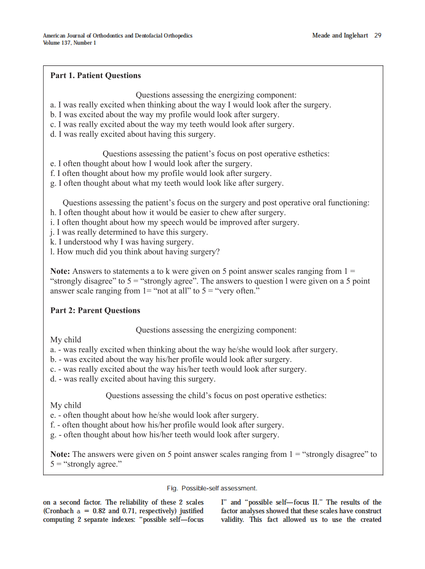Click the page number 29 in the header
point(377,35)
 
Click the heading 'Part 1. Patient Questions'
point(95,76)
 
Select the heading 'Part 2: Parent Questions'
point(95,310)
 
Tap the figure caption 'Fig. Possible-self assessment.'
point(212,488)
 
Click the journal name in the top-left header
point(118,35)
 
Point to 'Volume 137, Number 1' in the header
point(69,43)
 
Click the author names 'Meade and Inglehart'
point(340,35)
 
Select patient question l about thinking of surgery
point(135,252)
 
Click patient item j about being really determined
point(129,232)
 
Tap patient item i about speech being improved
point(174,222)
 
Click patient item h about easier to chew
point(168,212)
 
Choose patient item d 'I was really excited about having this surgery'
point(133,134)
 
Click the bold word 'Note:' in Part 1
point(60,271)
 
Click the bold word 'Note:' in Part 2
point(60,454)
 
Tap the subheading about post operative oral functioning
point(216,203)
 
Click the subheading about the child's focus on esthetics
point(216,395)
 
